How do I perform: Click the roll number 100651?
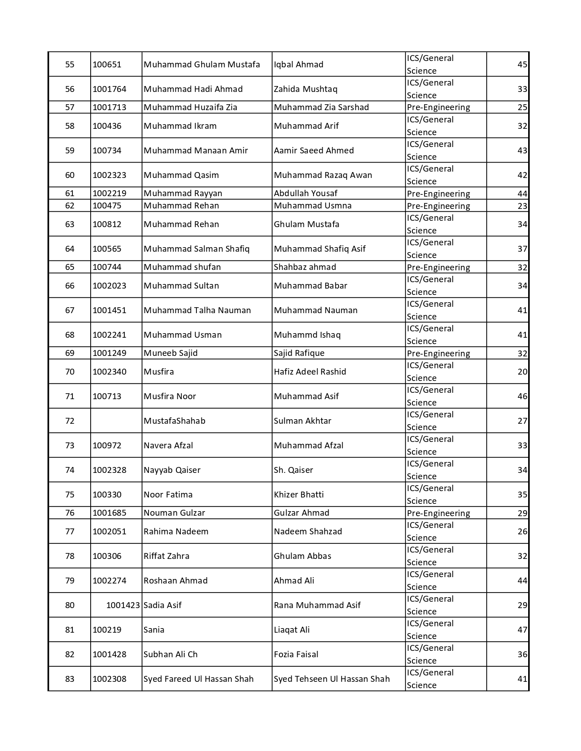point(107,64)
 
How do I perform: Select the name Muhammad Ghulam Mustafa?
point(202,64)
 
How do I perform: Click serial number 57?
point(70,107)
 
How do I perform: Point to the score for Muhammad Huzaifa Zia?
point(522,107)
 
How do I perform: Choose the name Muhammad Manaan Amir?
point(195,150)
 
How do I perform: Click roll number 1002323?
point(109,175)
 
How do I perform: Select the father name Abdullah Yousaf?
point(305,193)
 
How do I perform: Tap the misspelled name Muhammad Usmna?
point(313,205)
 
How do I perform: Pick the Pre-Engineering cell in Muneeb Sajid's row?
point(438,353)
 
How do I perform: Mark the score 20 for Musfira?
point(522,371)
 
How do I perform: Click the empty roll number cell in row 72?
point(116,421)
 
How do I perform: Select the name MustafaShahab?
point(175,421)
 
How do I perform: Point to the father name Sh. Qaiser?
point(293,470)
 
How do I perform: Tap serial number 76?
point(70,513)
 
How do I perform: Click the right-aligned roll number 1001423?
point(123,605)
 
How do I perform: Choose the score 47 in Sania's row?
point(522,629)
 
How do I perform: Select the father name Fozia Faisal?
point(296,654)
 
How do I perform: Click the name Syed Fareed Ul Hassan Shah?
point(198,679)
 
